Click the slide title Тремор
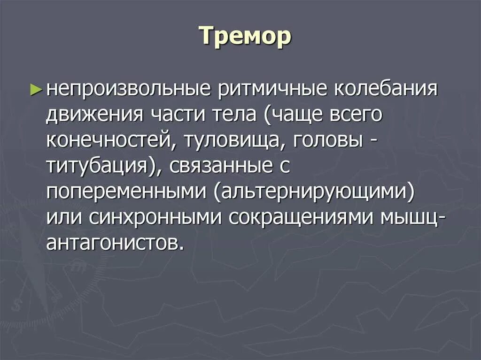[245, 37]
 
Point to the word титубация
[94, 167]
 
